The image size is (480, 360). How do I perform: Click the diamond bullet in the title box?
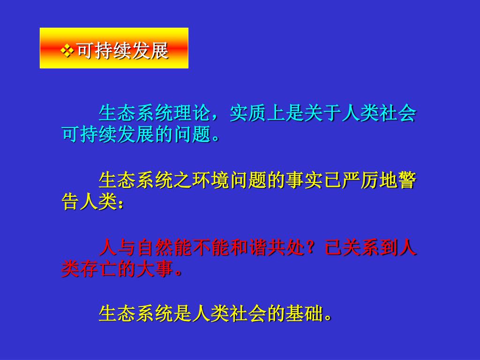[67, 51]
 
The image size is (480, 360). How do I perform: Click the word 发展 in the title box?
[150, 51]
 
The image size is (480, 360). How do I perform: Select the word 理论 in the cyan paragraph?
[192, 113]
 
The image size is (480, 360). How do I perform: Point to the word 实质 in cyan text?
[248, 113]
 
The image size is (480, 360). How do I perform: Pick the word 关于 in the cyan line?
[322, 113]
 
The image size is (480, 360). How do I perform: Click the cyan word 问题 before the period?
[193, 134]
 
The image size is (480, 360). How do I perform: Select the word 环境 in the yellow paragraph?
[210, 180]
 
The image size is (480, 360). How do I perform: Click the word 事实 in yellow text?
[304, 180]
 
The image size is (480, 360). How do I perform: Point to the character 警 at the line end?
[407, 180]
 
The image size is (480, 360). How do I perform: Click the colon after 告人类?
[120, 203]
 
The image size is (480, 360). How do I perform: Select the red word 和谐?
[248, 247]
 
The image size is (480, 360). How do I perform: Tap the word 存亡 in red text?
[98, 269]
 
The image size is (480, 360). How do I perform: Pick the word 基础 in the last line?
[304, 313]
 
